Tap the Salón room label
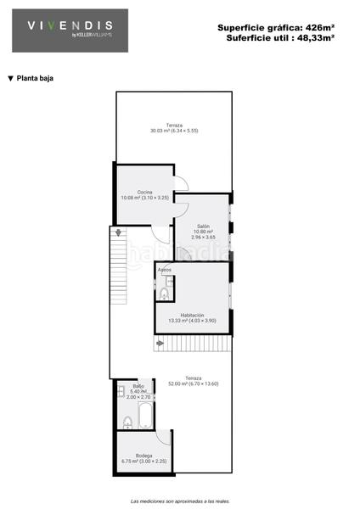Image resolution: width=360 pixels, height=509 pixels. click(202, 227)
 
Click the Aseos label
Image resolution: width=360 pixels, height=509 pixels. click(165, 271)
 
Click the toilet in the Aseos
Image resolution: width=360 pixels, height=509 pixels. click(164, 294)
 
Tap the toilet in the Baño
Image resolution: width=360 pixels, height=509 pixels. click(127, 422)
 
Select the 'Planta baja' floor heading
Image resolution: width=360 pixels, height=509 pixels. click(31, 78)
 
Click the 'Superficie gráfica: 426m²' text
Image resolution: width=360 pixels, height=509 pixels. click(275, 28)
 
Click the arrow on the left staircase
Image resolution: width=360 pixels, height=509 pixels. click(119, 231)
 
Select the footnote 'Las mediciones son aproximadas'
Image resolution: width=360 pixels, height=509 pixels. click(180, 501)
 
